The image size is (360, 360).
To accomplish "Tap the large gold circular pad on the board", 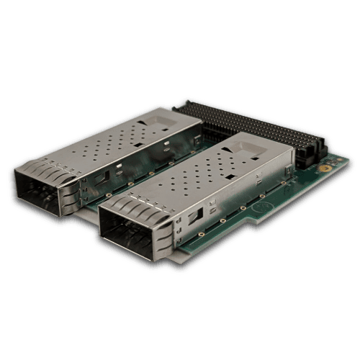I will [324, 165].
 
